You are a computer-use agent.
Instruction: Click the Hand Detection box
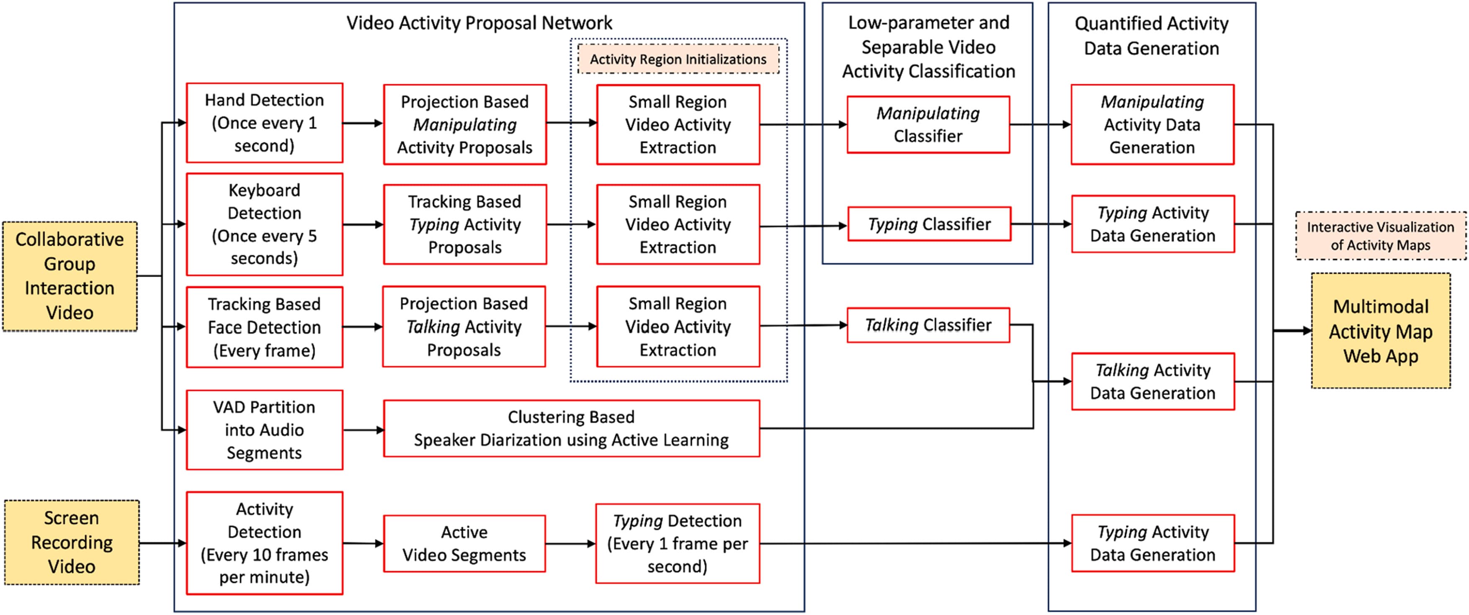pyautogui.click(x=264, y=123)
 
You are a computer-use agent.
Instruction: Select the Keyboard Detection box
pyautogui.click(x=264, y=224)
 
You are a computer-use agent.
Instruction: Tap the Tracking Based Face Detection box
pyautogui.click(x=264, y=327)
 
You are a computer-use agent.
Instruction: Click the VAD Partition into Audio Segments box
pyautogui.click(x=264, y=430)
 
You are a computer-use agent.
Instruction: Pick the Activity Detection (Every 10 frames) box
pyautogui.click(x=264, y=543)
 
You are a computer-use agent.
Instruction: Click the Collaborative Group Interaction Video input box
pyautogui.click(x=70, y=276)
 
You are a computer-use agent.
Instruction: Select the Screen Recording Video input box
pyautogui.click(x=72, y=542)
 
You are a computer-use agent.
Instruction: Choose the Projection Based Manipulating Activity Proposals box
pyautogui.click(x=464, y=124)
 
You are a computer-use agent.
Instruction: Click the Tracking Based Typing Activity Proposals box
pyautogui.click(x=464, y=224)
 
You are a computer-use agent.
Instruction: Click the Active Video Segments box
pyautogui.click(x=464, y=543)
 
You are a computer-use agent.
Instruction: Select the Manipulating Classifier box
pyautogui.click(x=928, y=124)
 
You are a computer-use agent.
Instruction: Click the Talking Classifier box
pyautogui.click(x=928, y=325)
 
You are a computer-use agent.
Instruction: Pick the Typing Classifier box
pyautogui.click(x=929, y=224)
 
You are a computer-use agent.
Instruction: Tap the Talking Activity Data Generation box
pyautogui.click(x=1152, y=381)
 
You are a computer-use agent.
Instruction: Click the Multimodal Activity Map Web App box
pyautogui.click(x=1381, y=331)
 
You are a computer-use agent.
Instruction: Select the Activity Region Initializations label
pyautogui.click(x=678, y=59)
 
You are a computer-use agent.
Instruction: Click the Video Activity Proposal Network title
pyautogui.click(x=479, y=23)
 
